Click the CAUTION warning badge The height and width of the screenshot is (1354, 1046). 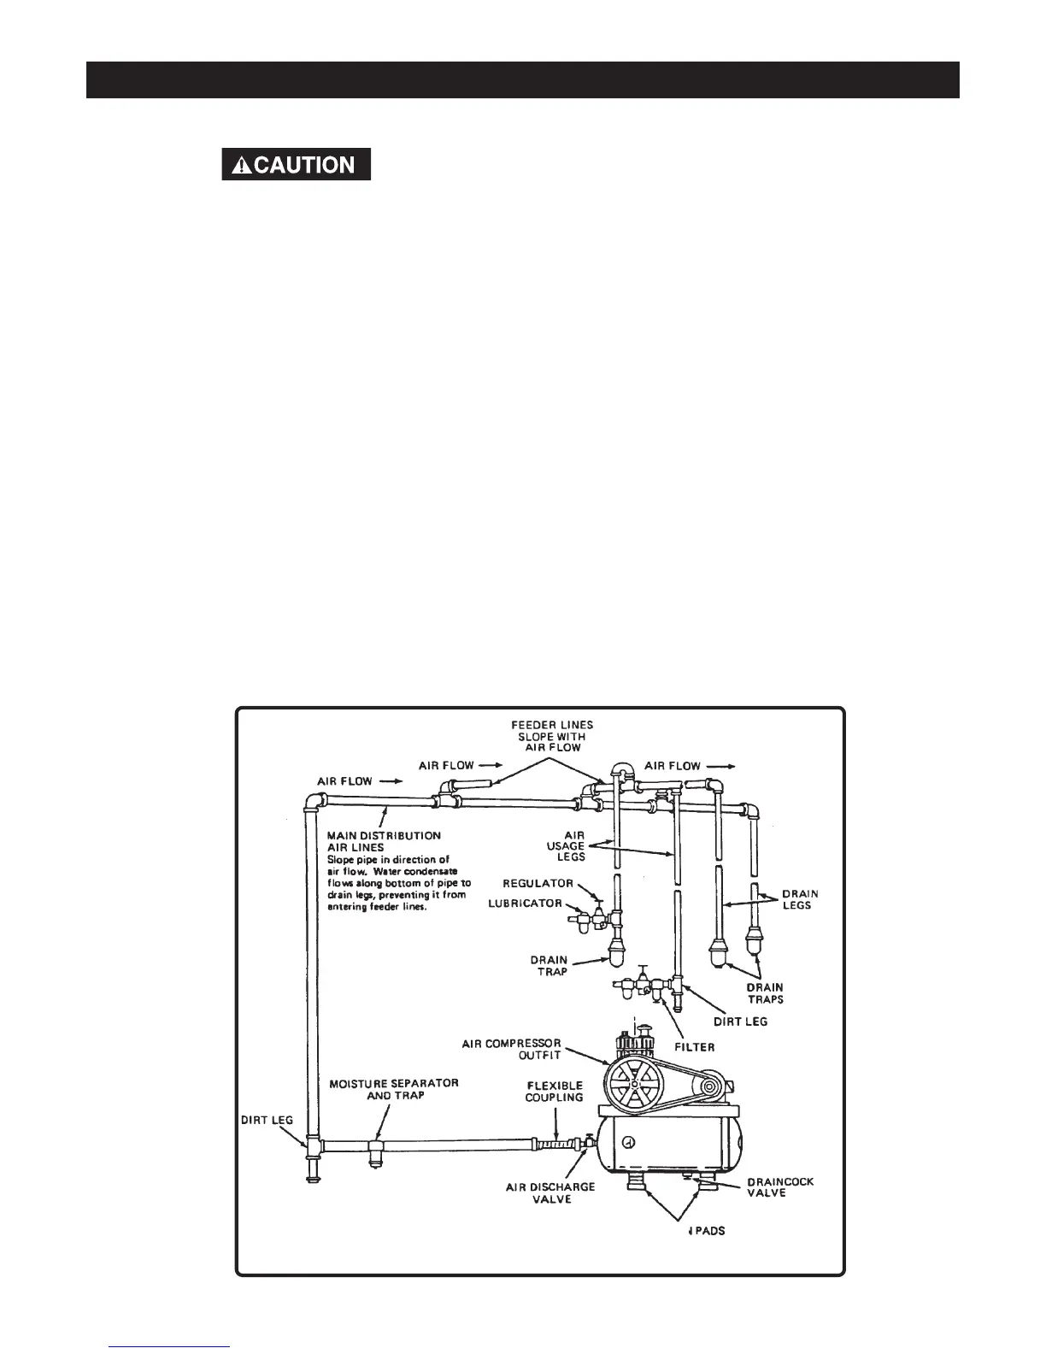[296, 164]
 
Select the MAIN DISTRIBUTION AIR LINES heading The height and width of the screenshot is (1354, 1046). [385, 841]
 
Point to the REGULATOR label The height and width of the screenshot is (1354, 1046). [538, 883]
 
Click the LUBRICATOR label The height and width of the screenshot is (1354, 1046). [525, 904]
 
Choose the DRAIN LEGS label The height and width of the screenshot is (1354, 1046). [800, 899]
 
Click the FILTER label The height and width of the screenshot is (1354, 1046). [693, 1046]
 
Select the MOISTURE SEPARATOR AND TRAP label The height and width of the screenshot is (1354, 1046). [394, 1088]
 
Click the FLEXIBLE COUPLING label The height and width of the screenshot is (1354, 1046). [554, 1092]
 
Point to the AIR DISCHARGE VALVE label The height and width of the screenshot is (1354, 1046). [550, 1192]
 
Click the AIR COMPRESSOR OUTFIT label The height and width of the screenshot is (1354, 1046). [511, 1049]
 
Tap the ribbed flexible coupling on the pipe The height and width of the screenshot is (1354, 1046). [556, 1142]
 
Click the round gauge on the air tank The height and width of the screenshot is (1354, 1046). [628, 1142]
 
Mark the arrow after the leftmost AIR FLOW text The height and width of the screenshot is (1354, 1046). [391, 781]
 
